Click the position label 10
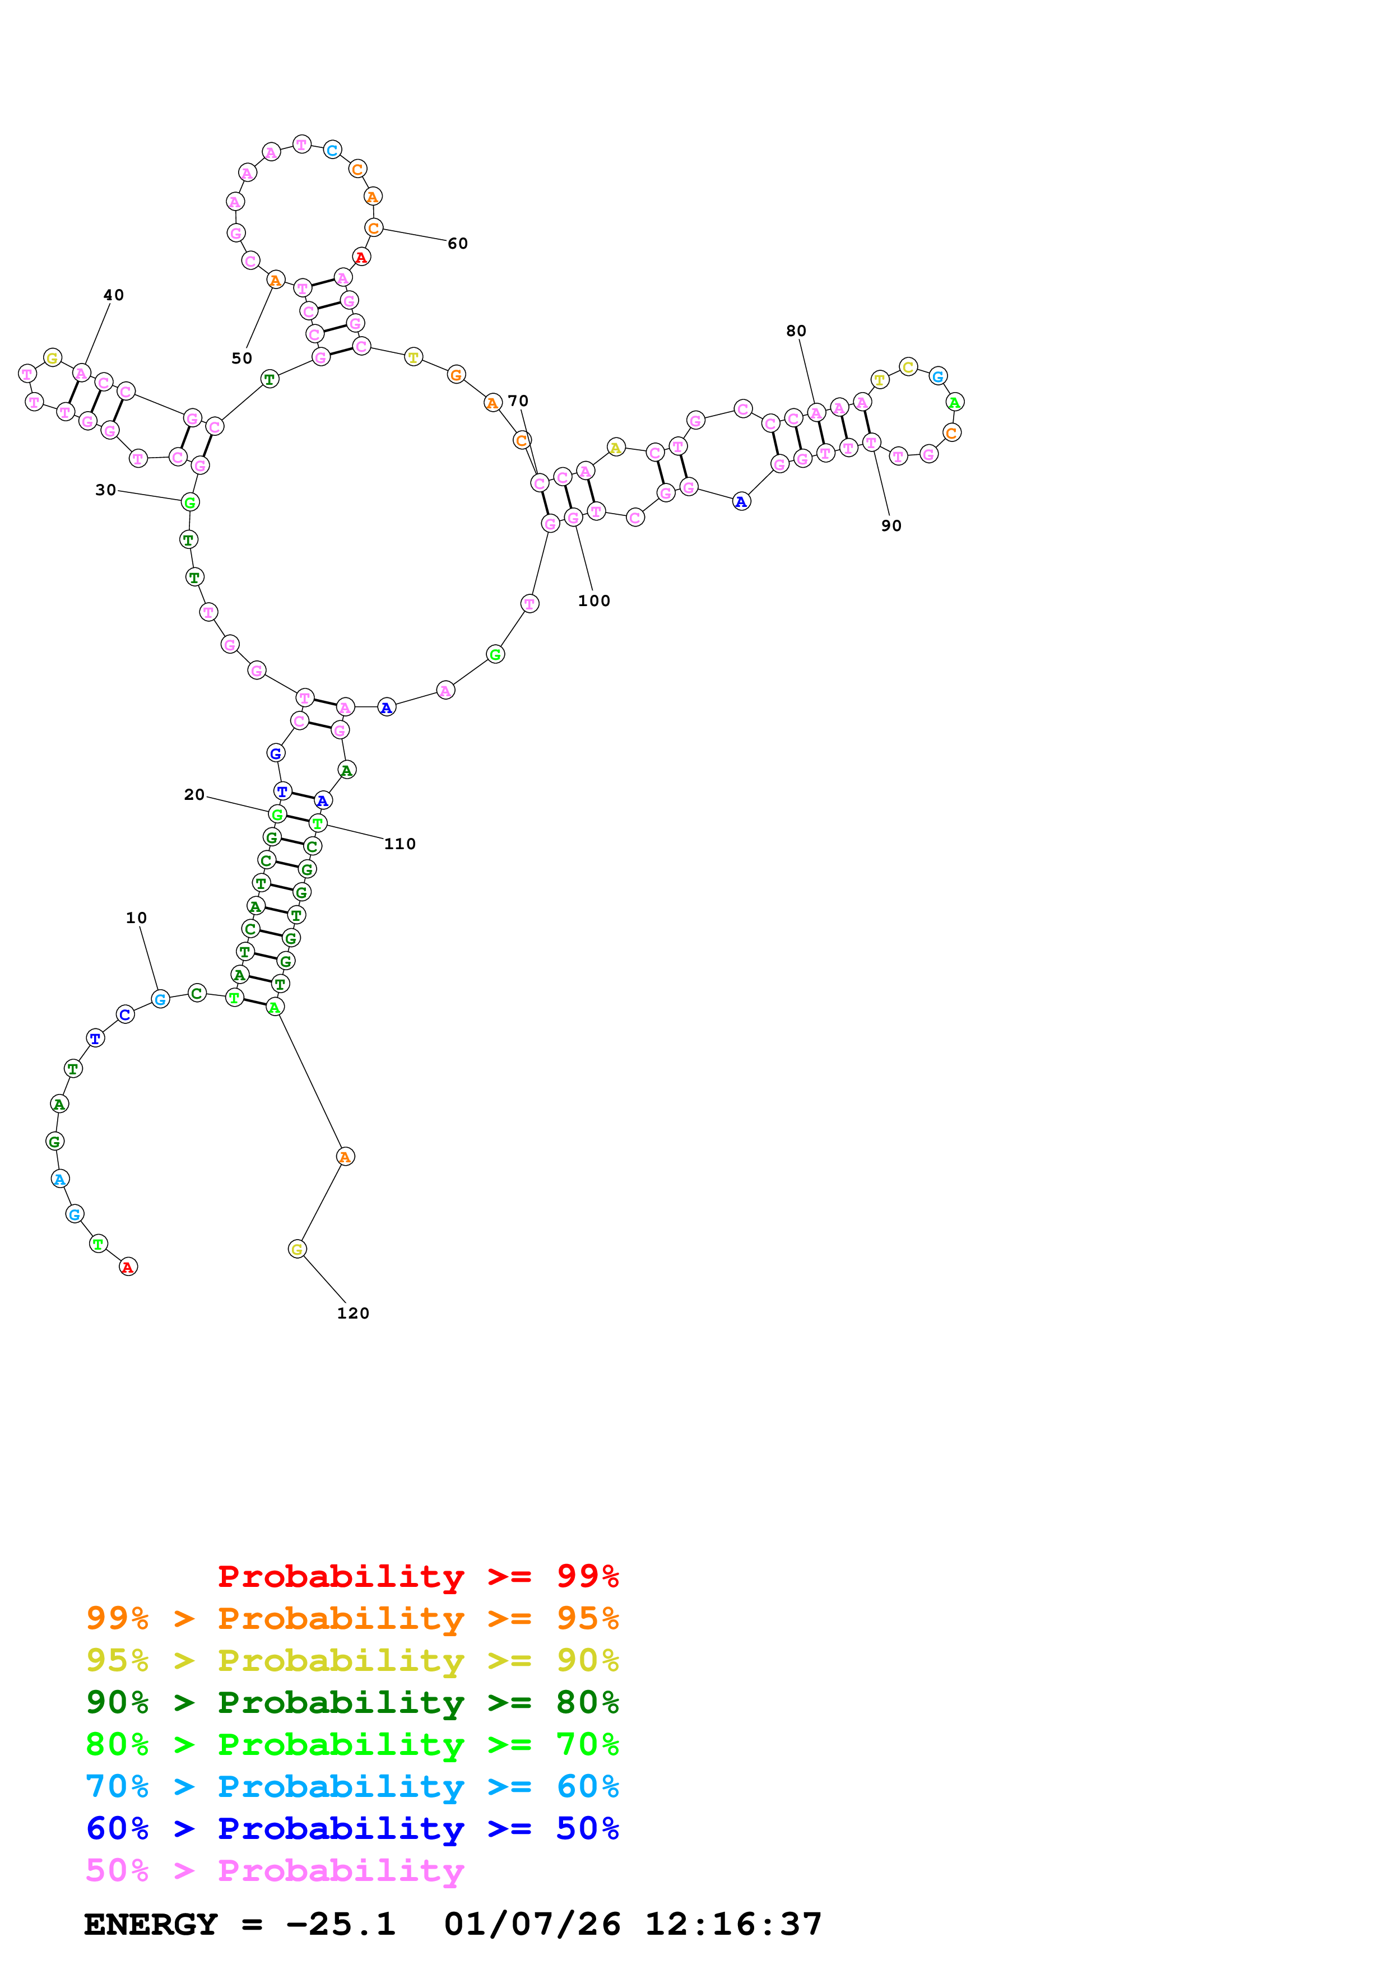click(136, 918)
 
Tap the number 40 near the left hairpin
click(113, 295)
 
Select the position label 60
click(458, 243)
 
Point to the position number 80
click(796, 330)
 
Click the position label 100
click(594, 601)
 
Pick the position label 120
click(352, 1313)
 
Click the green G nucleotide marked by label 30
click(190, 502)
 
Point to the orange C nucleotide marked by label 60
click(373, 227)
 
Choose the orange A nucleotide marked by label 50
click(275, 280)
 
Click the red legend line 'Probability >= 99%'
click(417, 1576)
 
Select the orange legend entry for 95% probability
click(352, 1618)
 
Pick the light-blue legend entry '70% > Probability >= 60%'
click(352, 1786)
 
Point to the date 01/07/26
click(532, 1924)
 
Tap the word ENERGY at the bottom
click(151, 1924)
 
